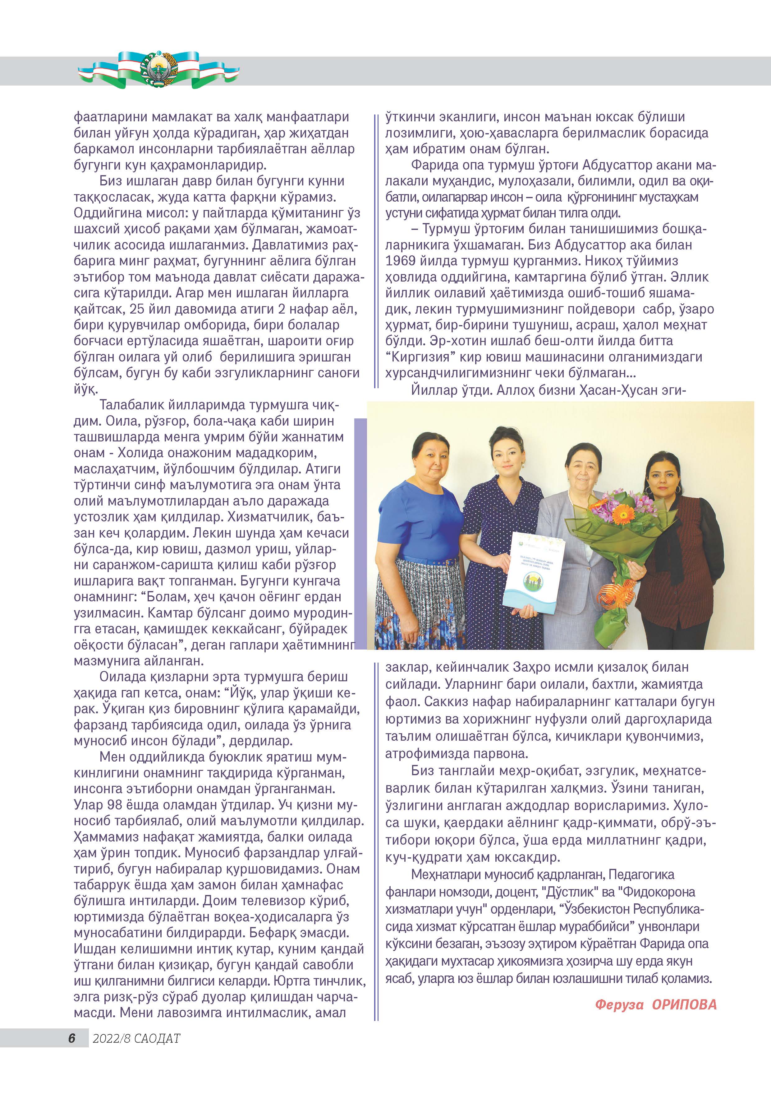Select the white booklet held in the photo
point(534,573)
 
